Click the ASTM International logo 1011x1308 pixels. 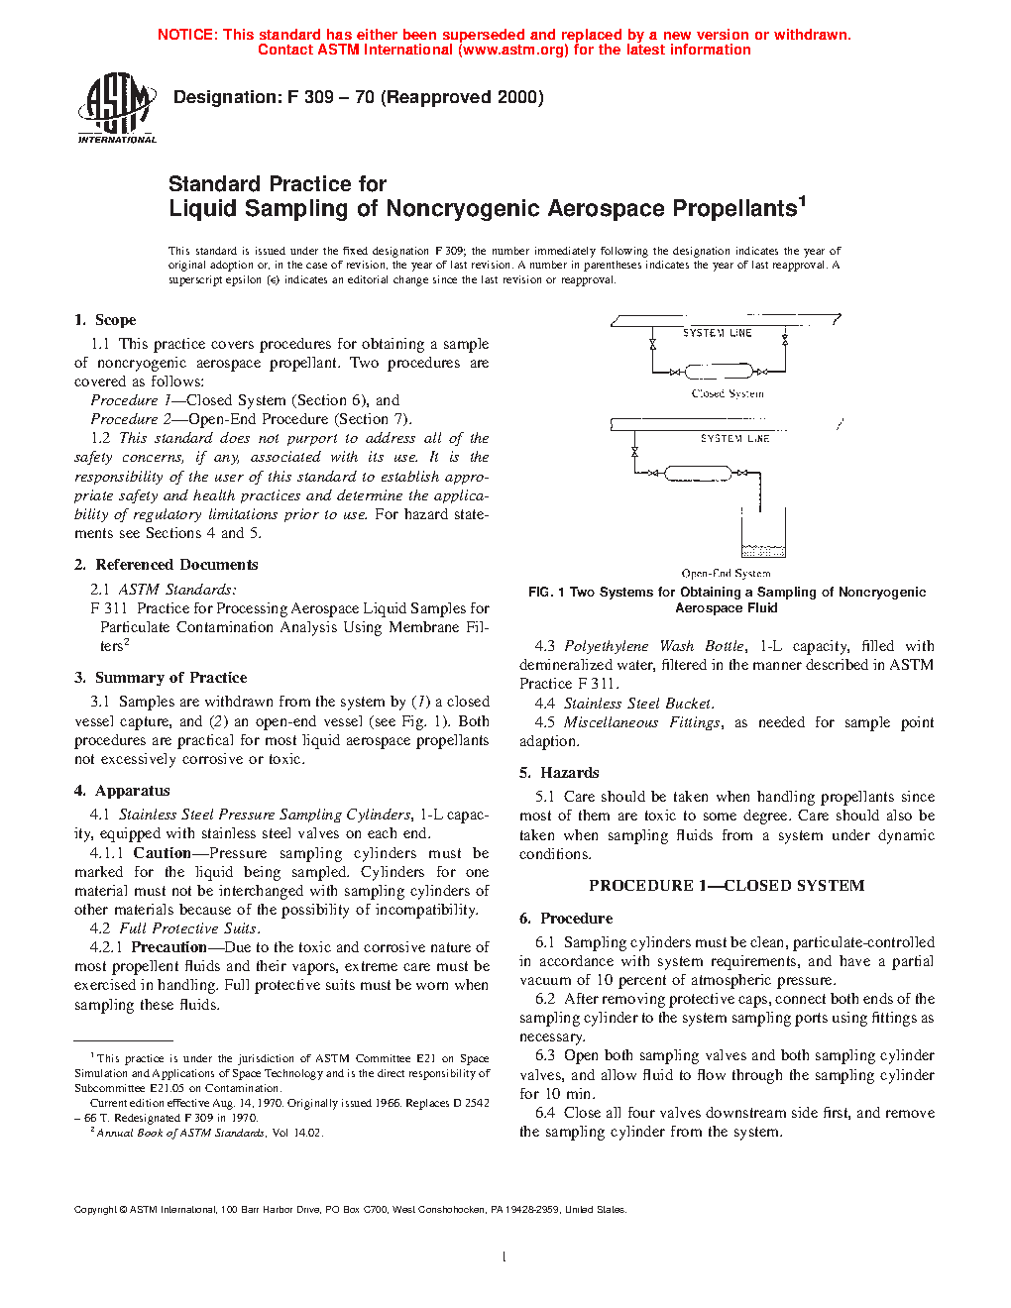[116, 109]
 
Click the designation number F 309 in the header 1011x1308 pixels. [311, 97]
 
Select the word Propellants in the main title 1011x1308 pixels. [734, 209]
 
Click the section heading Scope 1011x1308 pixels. [115, 320]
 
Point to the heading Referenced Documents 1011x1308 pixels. [176, 565]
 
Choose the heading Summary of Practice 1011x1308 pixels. [170, 678]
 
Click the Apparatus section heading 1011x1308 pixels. [132, 791]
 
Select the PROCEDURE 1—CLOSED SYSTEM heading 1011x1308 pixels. [727, 886]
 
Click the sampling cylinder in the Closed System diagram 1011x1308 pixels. [719, 373]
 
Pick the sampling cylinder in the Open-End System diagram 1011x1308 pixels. [698, 474]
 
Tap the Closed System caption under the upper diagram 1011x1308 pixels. [728, 394]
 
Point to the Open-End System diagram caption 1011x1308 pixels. [726, 573]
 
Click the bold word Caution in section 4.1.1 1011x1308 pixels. [162, 853]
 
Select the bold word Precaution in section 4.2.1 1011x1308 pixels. [169, 947]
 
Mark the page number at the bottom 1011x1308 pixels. [505, 1257]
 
